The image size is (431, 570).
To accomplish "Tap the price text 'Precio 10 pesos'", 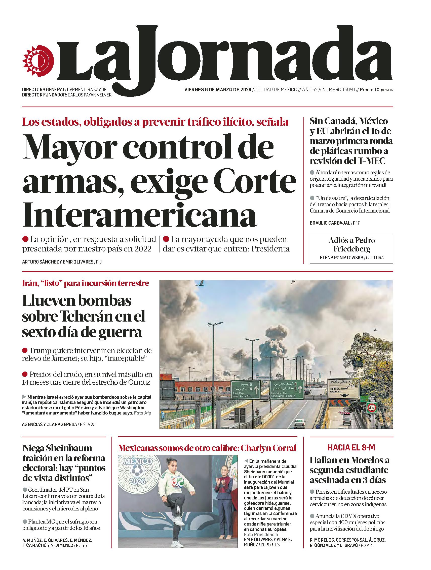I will [376, 90].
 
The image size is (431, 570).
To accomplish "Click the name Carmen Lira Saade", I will [87, 90].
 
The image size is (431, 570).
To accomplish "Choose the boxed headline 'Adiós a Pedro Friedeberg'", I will [351, 244].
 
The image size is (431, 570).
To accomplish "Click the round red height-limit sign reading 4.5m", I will [372, 408].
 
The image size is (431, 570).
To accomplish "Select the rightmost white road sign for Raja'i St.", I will [343, 389].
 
